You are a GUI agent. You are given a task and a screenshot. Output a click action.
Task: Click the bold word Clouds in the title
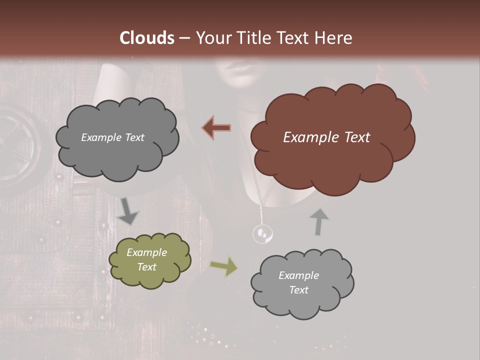tap(147, 38)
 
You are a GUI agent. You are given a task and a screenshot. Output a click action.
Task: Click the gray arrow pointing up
tap(319, 222)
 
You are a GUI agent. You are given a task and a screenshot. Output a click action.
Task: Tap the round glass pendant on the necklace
tap(262, 233)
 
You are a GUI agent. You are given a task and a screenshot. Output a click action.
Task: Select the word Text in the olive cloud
tap(147, 267)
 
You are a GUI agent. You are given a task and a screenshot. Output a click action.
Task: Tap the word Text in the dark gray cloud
tap(134, 137)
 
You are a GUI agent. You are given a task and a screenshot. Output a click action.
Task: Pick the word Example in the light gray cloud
tap(298, 275)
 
